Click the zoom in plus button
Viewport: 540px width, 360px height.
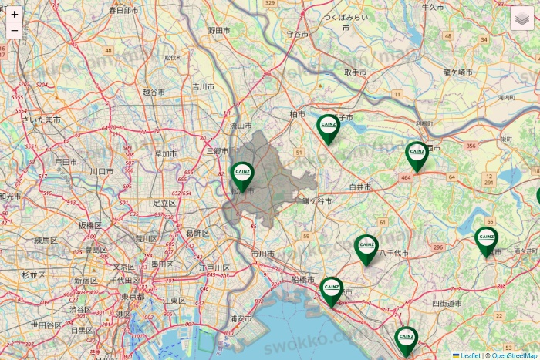(x=14, y=14)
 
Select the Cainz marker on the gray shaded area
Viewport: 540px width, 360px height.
(x=242, y=175)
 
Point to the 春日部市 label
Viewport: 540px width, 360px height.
(x=123, y=11)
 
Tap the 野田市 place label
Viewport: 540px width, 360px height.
(x=220, y=30)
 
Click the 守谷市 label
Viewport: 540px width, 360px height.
(x=298, y=35)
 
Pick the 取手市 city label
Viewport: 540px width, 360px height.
(x=356, y=72)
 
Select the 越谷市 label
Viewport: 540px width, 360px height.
(x=154, y=92)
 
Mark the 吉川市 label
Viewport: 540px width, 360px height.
(x=203, y=86)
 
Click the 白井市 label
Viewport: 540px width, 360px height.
(x=360, y=187)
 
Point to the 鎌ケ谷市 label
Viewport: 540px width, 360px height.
(x=316, y=201)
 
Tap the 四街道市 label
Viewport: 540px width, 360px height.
(x=447, y=304)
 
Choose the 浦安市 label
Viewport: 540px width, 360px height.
(x=241, y=318)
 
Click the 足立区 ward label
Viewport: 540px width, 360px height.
(x=164, y=203)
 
